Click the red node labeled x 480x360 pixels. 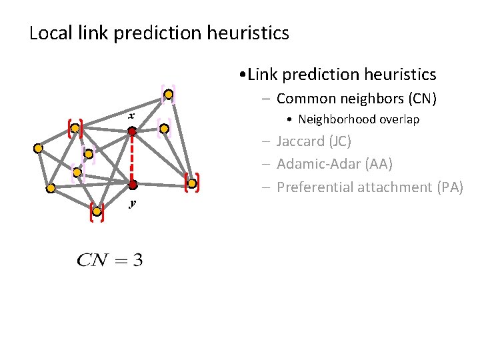click(x=132, y=132)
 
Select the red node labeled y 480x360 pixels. click(x=133, y=185)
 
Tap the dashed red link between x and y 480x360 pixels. click(x=132, y=159)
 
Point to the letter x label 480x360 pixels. click(x=132, y=116)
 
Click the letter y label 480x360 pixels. click(x=132, y=203)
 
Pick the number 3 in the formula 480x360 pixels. click(x=137, y=260)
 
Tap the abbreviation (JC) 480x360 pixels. click(x=339, y=142)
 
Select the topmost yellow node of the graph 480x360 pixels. click(x=169, y=95)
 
